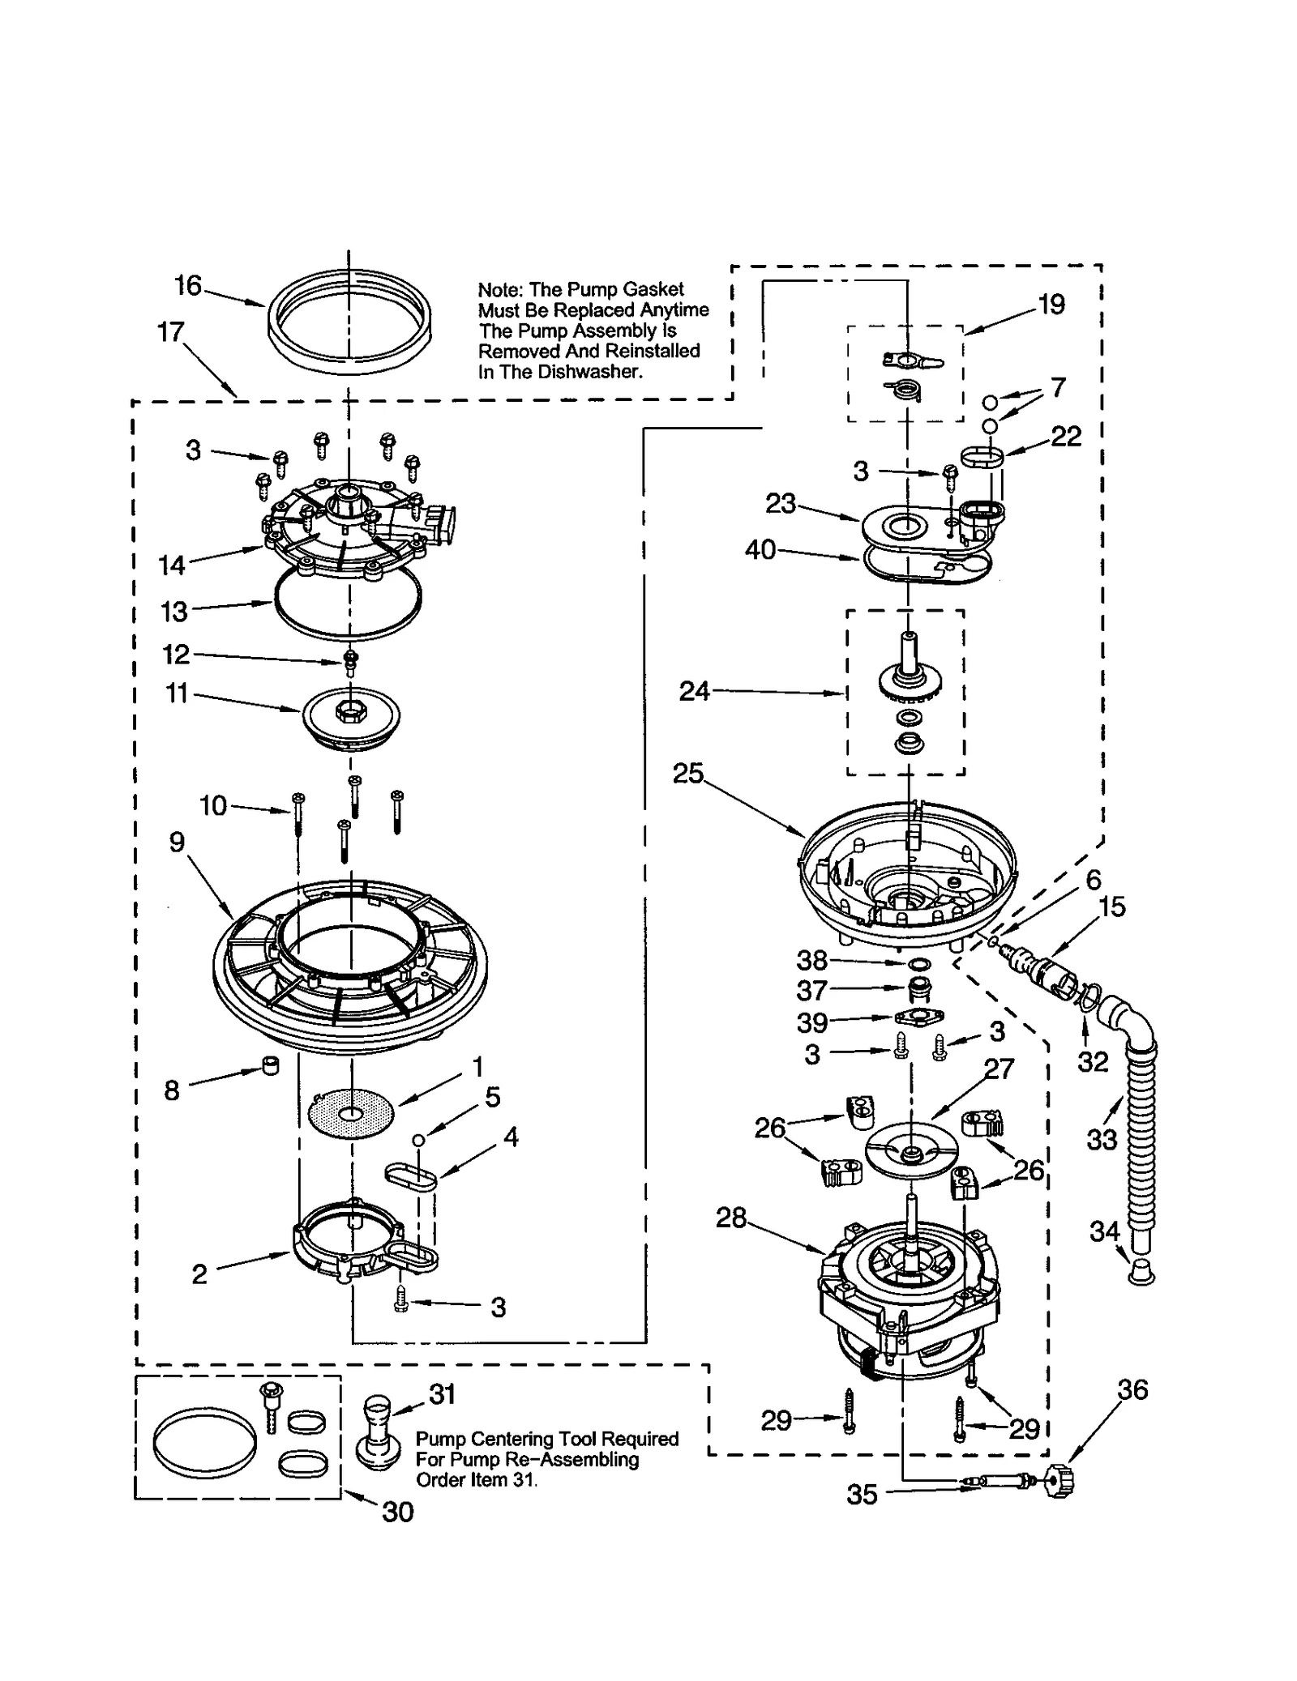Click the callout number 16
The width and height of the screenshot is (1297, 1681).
point(188,285)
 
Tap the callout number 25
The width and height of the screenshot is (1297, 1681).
point(687,774)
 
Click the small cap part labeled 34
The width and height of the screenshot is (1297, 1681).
point(1141,1273)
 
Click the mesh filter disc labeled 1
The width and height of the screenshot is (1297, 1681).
point(351,1116)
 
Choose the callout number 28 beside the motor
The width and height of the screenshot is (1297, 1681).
point(730,1218)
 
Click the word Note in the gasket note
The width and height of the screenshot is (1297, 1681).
point(499,290)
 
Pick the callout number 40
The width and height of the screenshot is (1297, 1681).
point(760,550)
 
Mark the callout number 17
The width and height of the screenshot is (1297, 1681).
point(171,331)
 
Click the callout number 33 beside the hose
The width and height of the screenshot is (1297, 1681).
point(1102,1140)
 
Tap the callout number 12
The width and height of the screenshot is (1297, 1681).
point(176,654)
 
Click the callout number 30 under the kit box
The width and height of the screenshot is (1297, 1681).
point(397,1512)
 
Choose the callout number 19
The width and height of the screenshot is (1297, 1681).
point(1051,305)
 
